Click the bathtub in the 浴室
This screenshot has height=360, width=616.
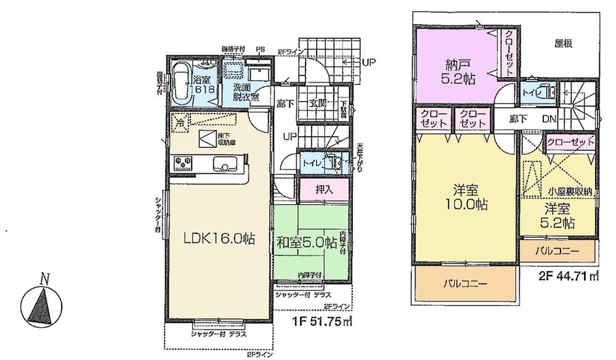(180, 82)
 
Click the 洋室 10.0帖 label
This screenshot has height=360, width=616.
(465, 197)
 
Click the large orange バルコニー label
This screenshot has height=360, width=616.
(466, 284)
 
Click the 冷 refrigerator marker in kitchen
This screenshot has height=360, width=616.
(180, 121)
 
